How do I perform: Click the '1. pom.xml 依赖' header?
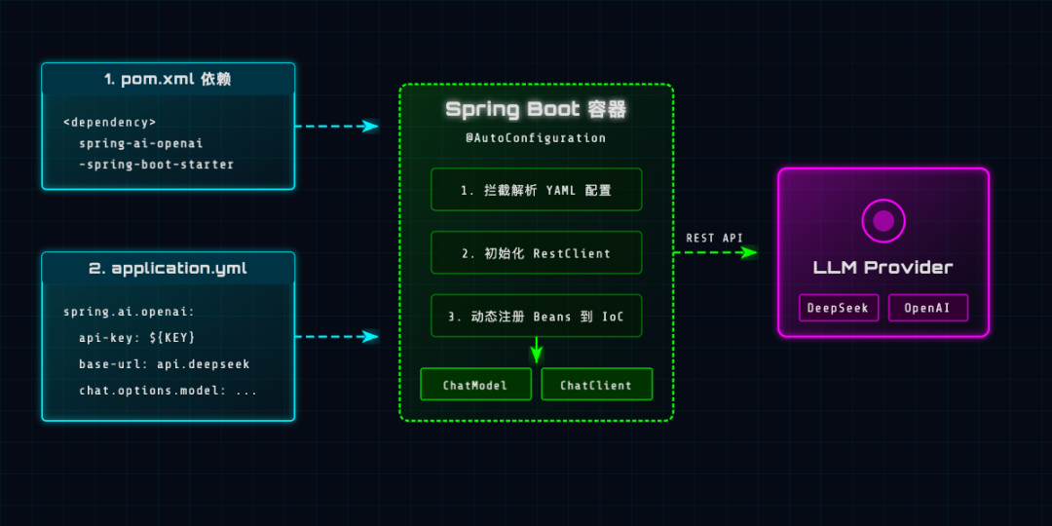click(x=168, y=79)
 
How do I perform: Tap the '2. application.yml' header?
click(x=168, y=268)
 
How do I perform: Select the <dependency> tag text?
click(x=109, y=122)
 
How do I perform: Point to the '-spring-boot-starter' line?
click(x=156, y=165)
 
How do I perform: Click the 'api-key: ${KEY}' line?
click(x=137, y=337)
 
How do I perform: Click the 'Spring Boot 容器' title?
click(x=536, y=109)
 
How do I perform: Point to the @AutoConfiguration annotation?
click(x=536, y=138)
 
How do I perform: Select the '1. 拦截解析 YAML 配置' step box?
click(x=536, y=190)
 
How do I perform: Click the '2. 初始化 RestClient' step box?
click(x=536, y=253)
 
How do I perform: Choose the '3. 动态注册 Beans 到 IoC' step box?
click(x=536, y=316)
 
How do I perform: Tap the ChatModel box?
click(x=475, y=385)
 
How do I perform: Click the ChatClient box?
click(x=596, y=385)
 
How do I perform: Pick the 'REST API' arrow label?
click(x=714, y=238)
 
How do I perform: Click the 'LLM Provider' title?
click(x=883, y=267)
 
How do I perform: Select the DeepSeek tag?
click(x=839, y=308)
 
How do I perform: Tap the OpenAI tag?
click(x=927, y=308)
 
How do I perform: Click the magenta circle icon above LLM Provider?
click(x=883, y=221)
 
